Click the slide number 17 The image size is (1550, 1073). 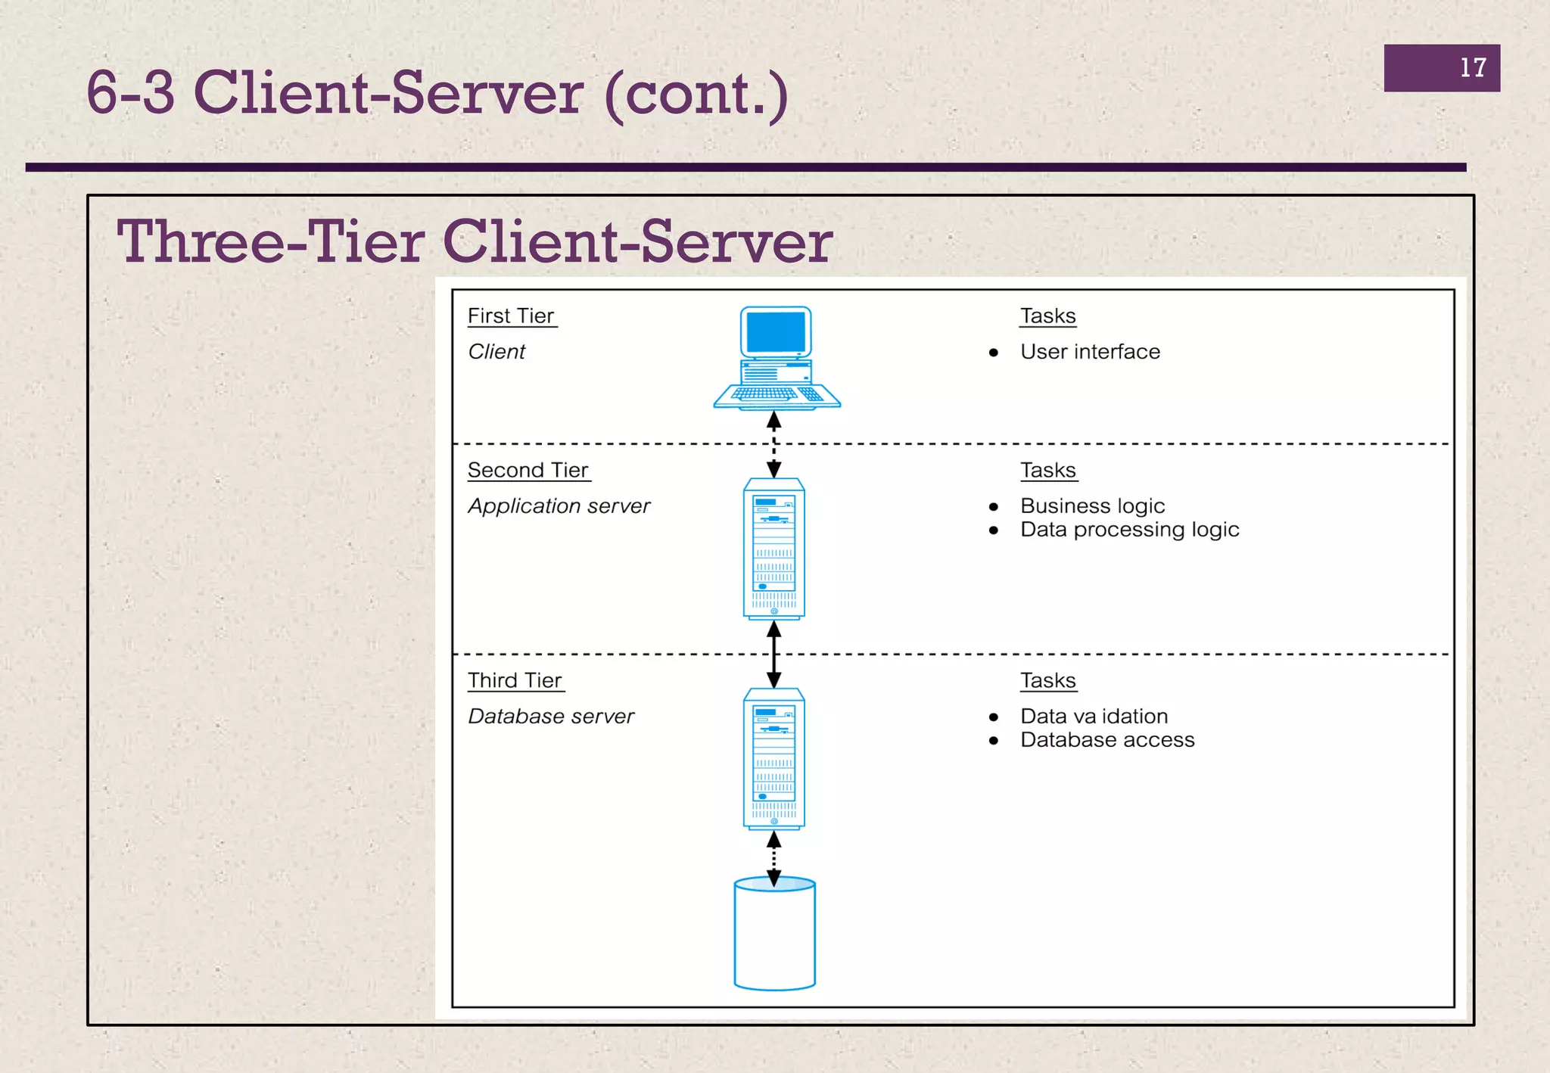[x=1472, y=68]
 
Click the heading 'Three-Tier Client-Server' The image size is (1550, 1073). [x=475, y=242]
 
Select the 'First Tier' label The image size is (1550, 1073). [x=511, y=316]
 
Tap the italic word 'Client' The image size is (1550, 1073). [x=496, y=352]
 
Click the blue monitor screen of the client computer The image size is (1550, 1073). [x=775, y=332]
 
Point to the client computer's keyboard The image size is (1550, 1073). [x=775, y=394]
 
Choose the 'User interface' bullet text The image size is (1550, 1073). [x=1089, y=352]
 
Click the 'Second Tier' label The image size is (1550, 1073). [x=528, y=471]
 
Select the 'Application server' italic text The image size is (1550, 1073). [x=559, y=506]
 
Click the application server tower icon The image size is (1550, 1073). [x=773, y=549]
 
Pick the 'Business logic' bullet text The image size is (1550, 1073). [x=1092, y=506]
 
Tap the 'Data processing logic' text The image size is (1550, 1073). [x=1129, y=530]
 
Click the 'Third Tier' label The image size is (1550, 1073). [x=515, y=681]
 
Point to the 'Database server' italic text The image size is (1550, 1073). [x=551, y=717]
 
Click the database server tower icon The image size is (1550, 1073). [x=773, y=759]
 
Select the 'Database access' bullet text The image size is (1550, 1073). [x=1107, y=740]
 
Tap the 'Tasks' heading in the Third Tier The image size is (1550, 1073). [x=1047, y=681]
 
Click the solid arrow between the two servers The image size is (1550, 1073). [x=773, y=655]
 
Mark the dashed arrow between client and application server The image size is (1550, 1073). [x=773, y=445]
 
